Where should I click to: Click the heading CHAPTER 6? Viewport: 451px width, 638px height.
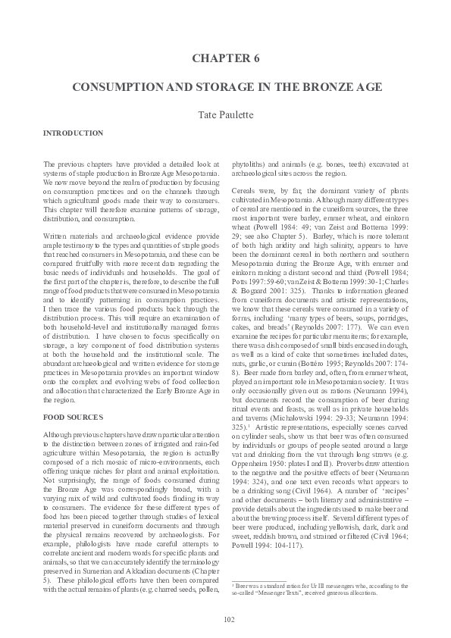coord(224,58)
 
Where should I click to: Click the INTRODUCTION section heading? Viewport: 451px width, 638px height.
coord(74,133)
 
